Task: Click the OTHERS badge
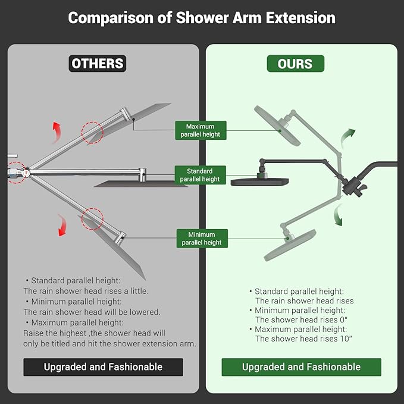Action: [98, 64]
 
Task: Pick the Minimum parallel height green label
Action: [202, 239]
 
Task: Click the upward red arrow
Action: [57, 129]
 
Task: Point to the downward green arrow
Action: [339, 215]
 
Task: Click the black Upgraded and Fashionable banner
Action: [103, 367]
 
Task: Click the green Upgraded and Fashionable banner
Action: [301, 367]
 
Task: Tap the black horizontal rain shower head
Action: [259, 181]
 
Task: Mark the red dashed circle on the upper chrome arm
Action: [92, 133]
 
